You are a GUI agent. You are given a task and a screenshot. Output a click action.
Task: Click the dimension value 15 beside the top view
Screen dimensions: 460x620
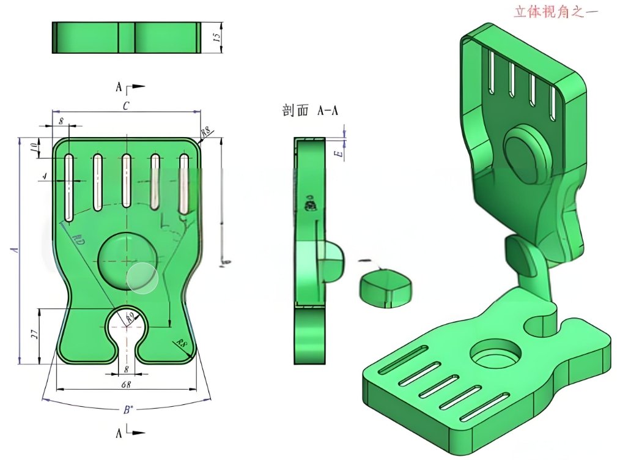point(216,37)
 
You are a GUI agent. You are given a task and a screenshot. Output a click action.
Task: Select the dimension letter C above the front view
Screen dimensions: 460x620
point(125,105)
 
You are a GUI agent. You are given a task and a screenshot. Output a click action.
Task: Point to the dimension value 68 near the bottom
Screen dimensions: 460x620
point(125,384)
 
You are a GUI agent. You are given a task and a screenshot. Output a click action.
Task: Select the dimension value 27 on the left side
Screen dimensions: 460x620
point(35,335)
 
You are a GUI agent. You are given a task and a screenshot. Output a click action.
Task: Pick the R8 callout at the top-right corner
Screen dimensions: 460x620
point(206,132)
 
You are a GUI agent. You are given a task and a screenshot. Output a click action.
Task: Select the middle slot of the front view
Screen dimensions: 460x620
point(127,181)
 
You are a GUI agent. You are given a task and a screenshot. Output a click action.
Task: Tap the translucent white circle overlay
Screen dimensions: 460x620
point(142,278)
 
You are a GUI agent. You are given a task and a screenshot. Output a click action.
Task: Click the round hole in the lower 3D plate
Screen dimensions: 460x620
point(496,354)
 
